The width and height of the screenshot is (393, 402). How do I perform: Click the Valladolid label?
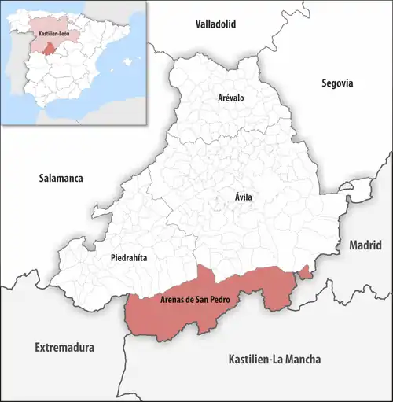coord(216,24)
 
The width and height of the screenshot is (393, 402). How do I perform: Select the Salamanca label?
coord(61,179)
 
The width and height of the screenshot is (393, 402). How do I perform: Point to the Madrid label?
coord(365,245)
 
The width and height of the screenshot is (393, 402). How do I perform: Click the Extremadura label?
coord(64,347)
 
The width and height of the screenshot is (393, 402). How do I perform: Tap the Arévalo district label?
coord(232,98)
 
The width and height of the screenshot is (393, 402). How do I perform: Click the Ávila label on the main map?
coord(244,197)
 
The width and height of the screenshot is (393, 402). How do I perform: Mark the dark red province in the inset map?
coord(50,50)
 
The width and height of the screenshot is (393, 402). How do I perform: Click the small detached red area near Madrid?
coord(306,272)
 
